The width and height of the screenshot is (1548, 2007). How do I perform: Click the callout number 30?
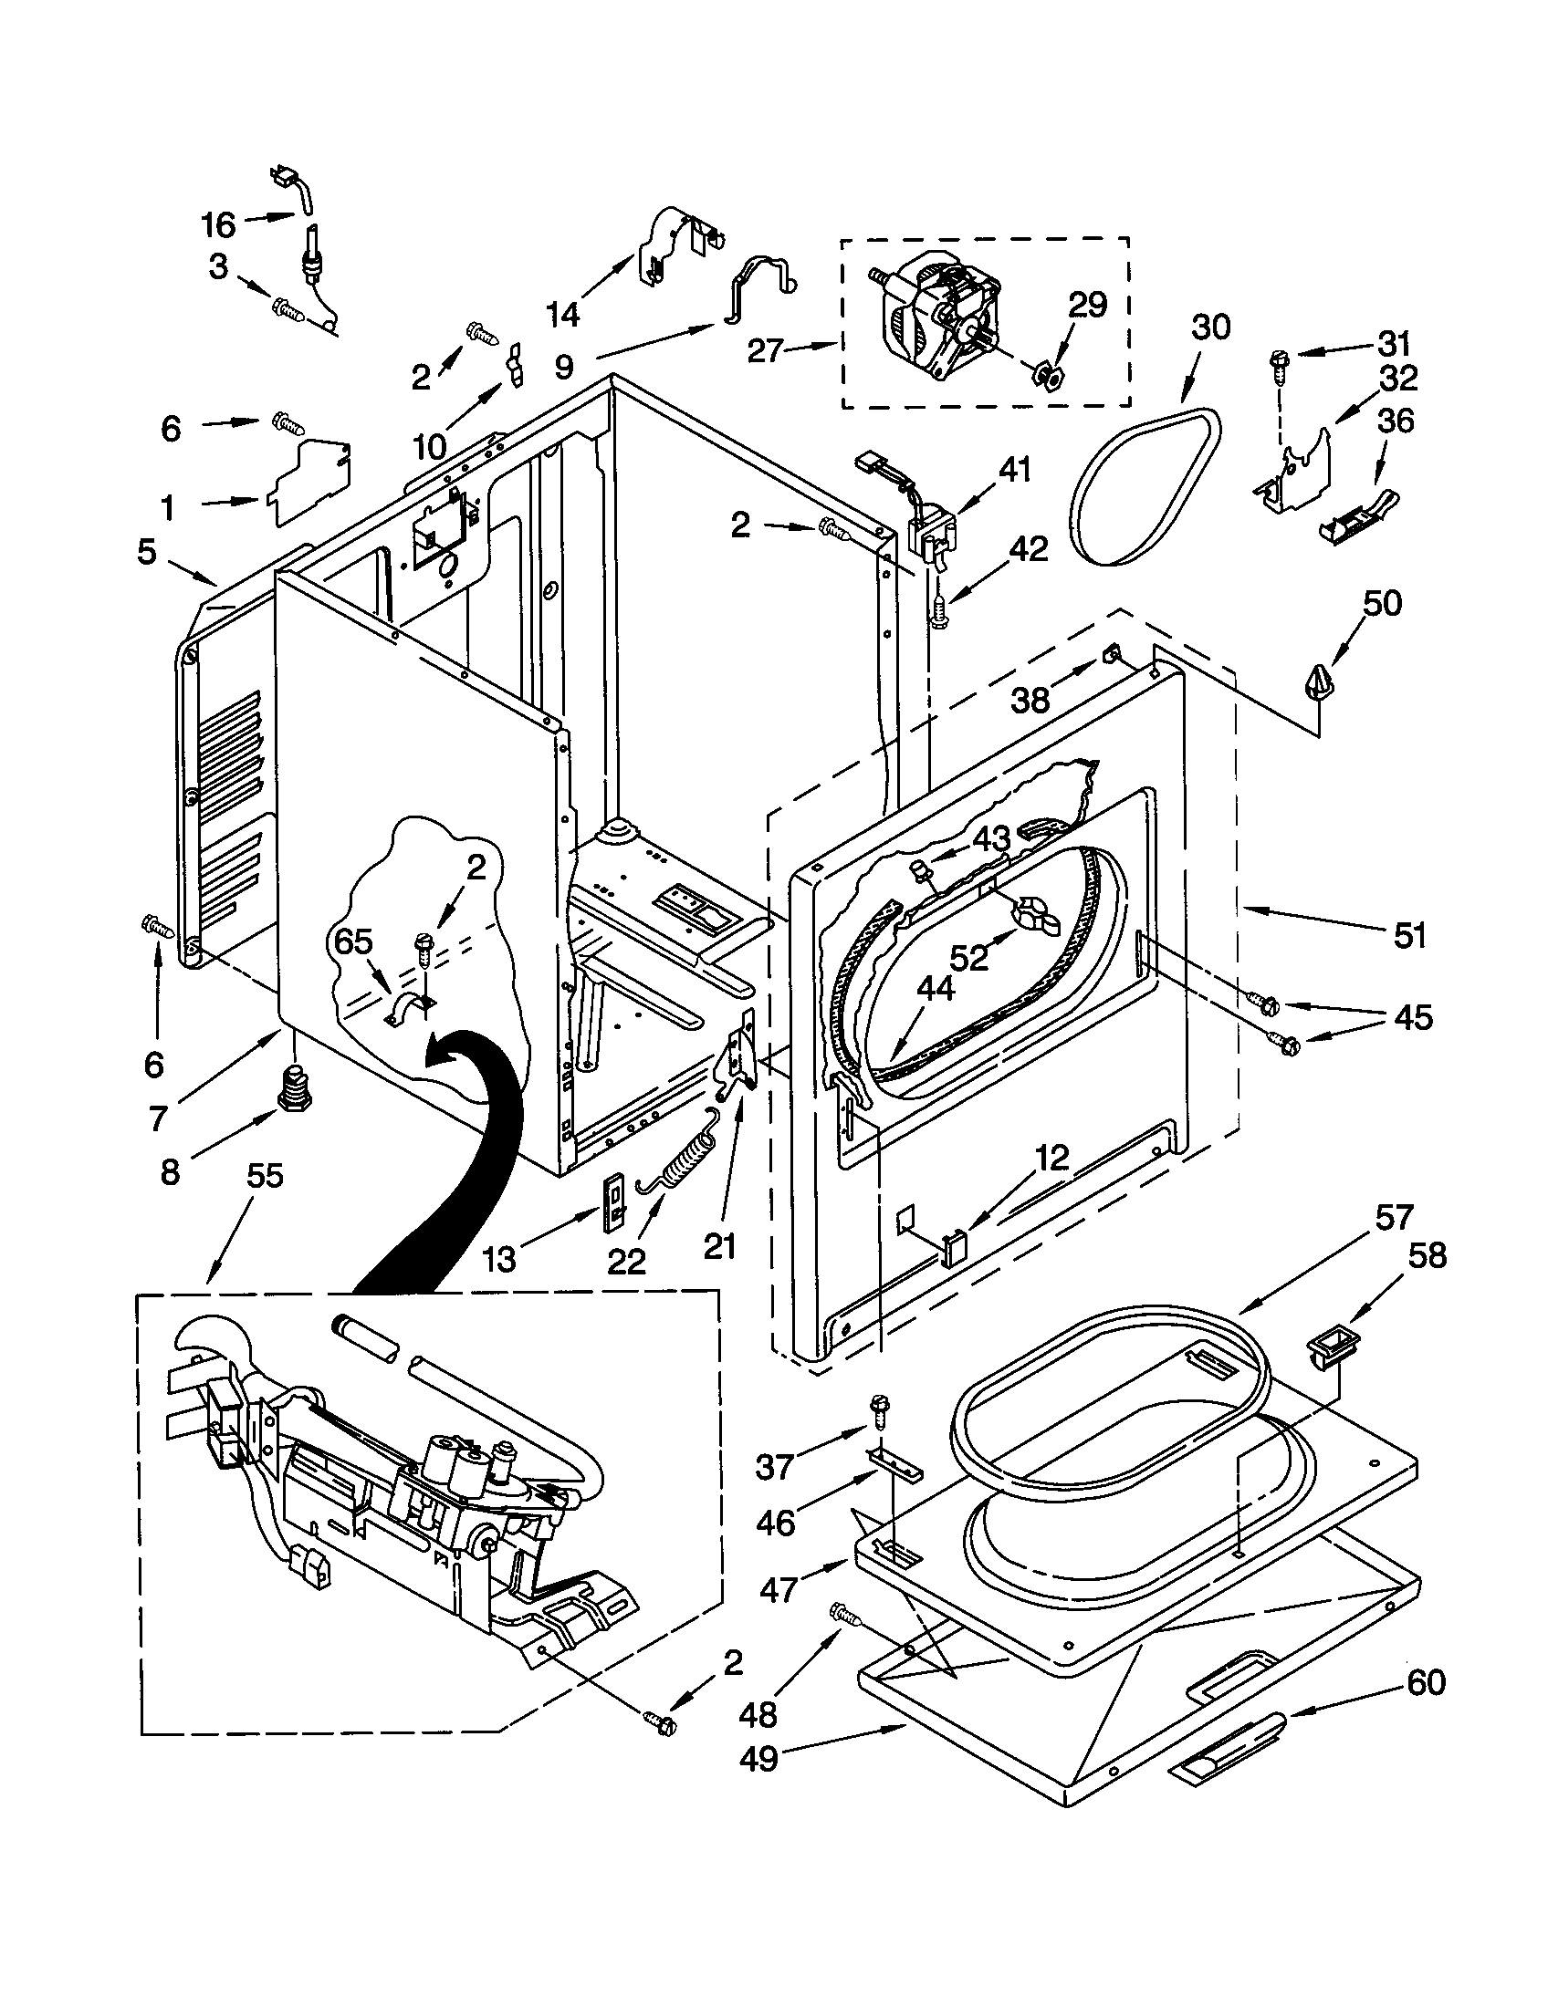point(1209,328)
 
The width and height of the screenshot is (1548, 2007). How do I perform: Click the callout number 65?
point(353,942)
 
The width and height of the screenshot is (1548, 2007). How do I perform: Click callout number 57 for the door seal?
point(1393,1218)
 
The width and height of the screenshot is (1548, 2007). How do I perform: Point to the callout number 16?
point(219,224)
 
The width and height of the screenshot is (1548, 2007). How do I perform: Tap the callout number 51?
point(1408,935)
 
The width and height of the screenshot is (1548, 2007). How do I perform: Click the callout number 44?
point(936,990)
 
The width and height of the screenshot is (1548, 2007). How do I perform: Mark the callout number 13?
point(499,1260)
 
